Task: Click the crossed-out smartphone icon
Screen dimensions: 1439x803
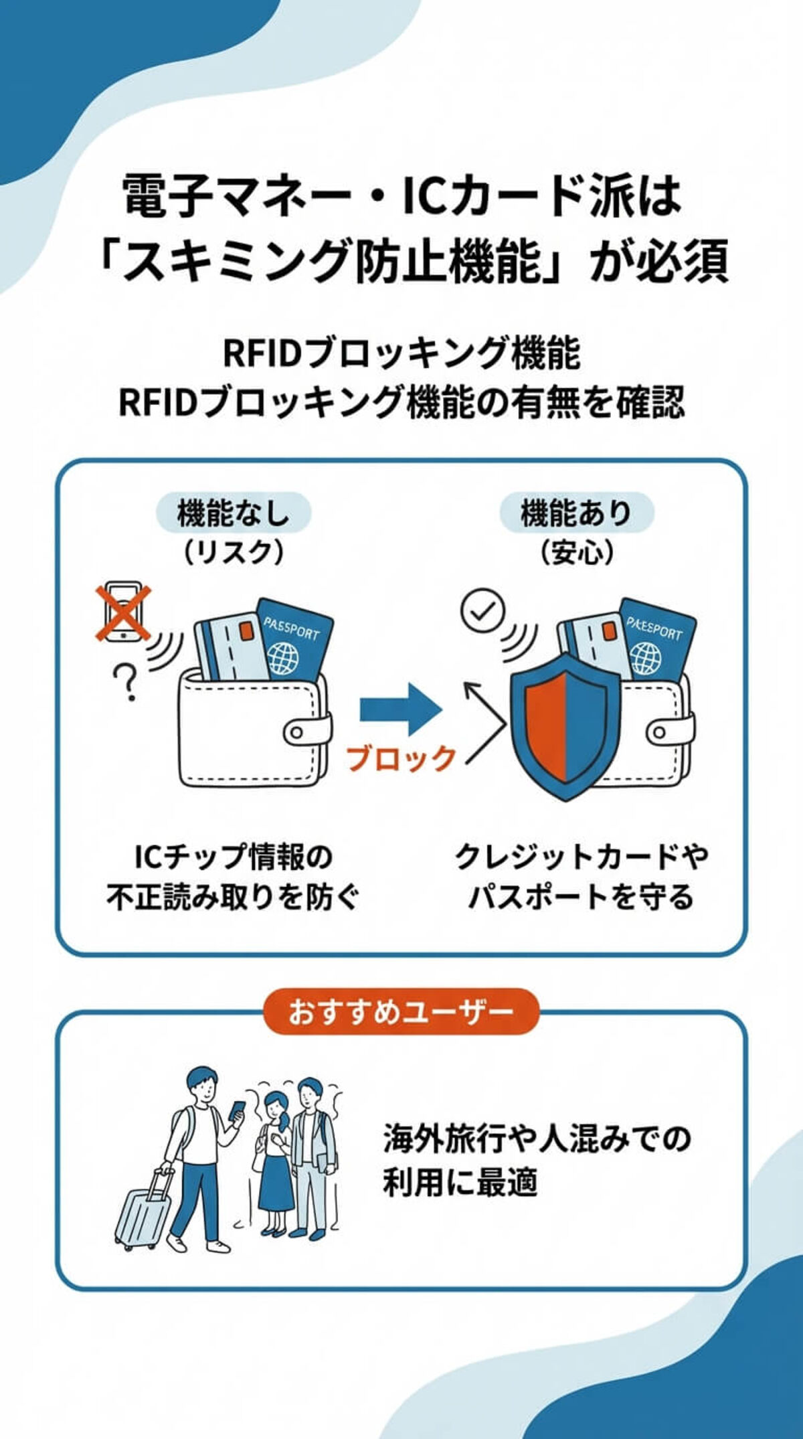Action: pos(123,612)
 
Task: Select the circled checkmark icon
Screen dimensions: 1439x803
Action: pos(483,610)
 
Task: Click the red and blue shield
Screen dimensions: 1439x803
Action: pos(566,726)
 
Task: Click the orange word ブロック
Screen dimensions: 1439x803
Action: pos(400,758)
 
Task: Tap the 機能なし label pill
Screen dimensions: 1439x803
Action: pos(233,513)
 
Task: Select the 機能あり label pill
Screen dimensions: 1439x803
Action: pos(576,513)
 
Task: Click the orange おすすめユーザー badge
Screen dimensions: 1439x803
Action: pos(401,1011)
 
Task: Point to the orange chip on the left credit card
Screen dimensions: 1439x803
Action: pos(246,630)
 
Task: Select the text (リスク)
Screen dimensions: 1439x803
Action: pos(233,553)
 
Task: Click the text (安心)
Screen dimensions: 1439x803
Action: pos(576,553)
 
